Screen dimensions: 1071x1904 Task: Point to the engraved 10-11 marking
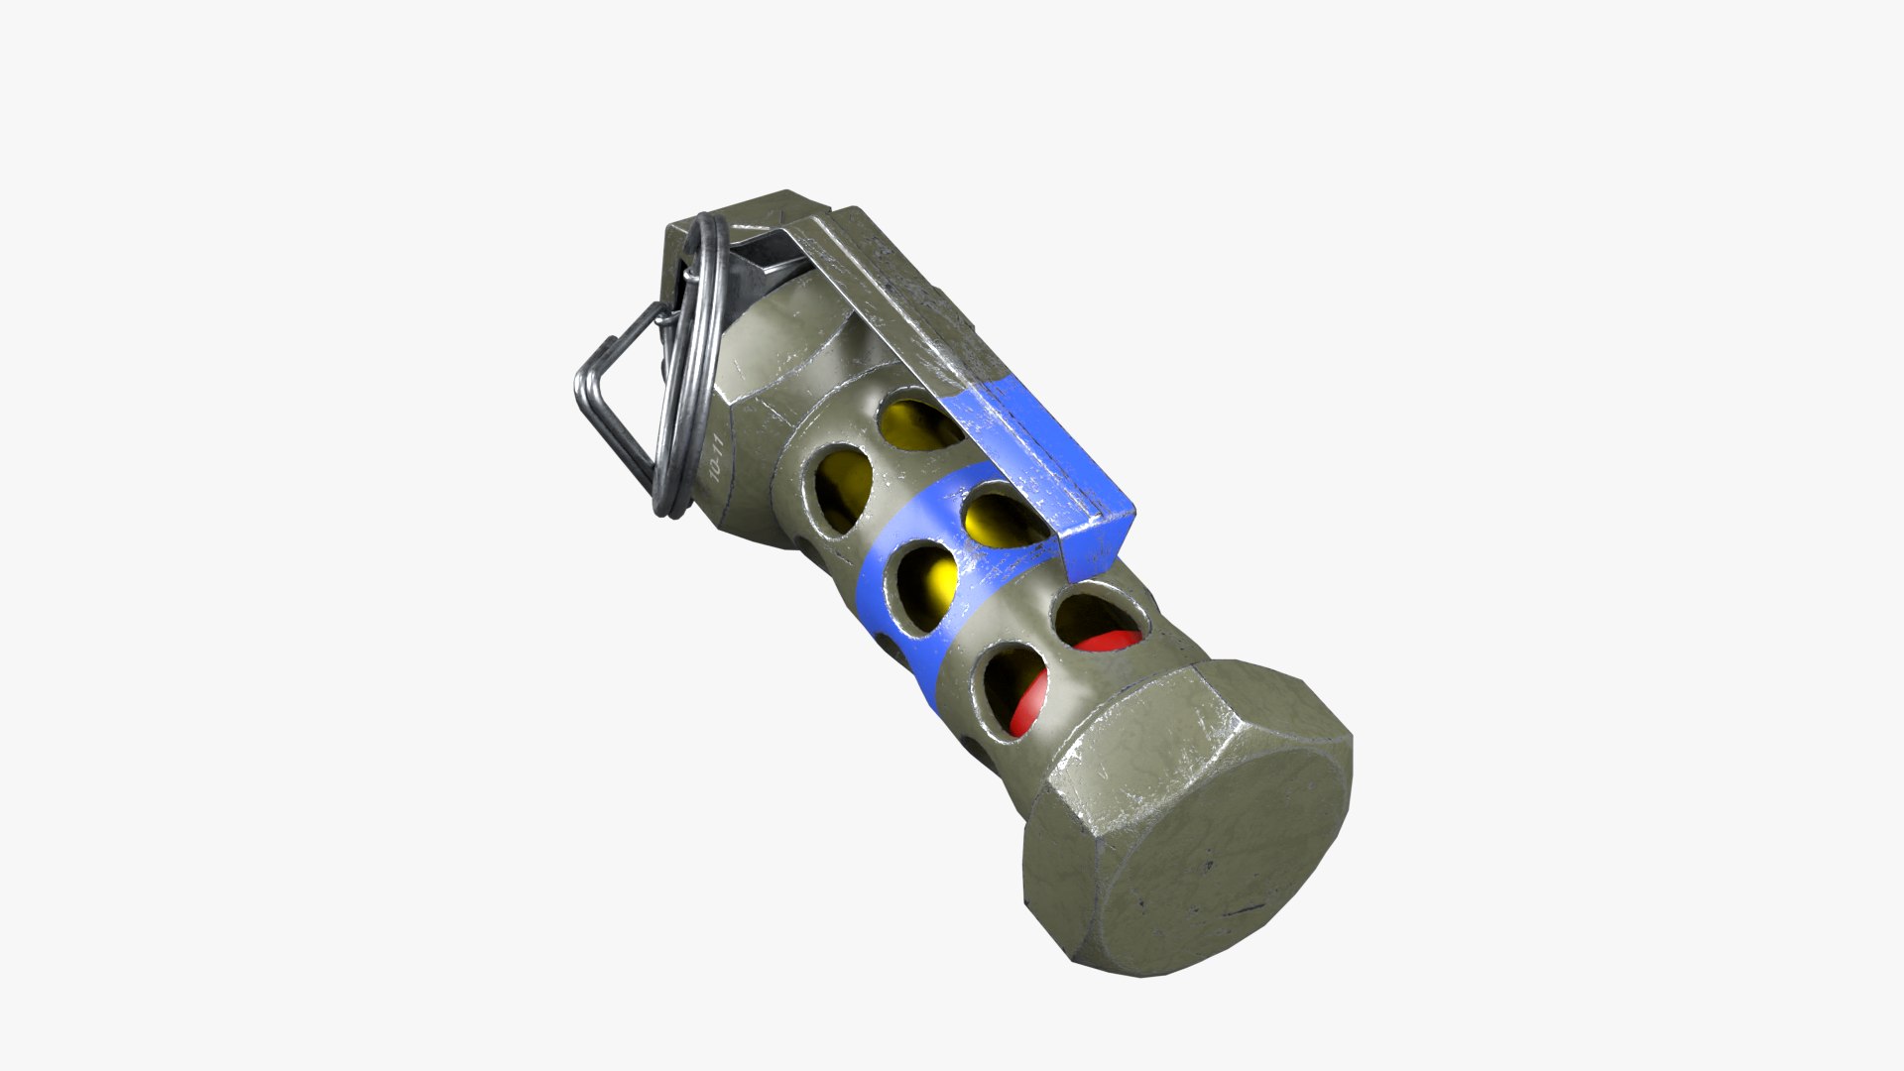[x=717, y=461]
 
